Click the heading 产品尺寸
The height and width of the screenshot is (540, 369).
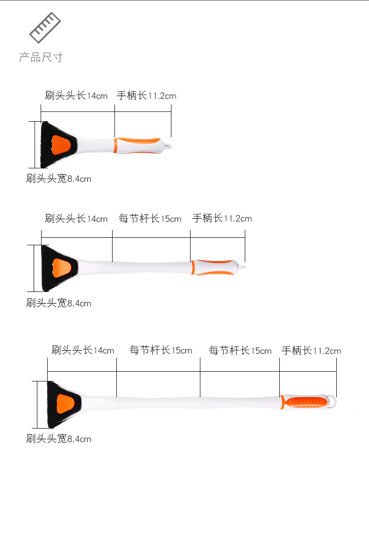click(x=41, y=57)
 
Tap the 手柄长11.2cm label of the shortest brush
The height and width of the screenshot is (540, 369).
click(x=146, y=96)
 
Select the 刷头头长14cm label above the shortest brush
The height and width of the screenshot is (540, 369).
click(x=76, y=96)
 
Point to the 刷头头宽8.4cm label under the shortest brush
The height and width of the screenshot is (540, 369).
click(x=58, y=179)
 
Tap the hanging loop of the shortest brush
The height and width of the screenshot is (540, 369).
click(x=168, y=146)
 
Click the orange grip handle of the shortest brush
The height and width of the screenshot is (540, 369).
click(x=138, y=145)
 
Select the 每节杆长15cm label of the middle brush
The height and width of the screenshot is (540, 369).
click(x=149, y=219)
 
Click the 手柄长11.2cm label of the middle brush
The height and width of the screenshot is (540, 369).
click(x=222, y=218)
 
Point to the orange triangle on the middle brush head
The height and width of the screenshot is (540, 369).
click(x=61, y=267)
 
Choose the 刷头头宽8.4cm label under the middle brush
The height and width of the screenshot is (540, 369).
click(x=58, y=304)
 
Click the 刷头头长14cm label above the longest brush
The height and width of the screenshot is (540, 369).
click(x=83, y=350)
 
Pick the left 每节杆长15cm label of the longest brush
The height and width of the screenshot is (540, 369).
click(x=161, y=350)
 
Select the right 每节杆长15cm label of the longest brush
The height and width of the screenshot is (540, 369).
click(x=240, y=350)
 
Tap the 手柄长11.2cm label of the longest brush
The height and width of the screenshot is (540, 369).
click(x=311, y=350)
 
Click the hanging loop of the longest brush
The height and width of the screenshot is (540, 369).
click(x=333, y=402)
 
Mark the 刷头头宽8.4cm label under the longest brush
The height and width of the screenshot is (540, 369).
click(x=58, y=439)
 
